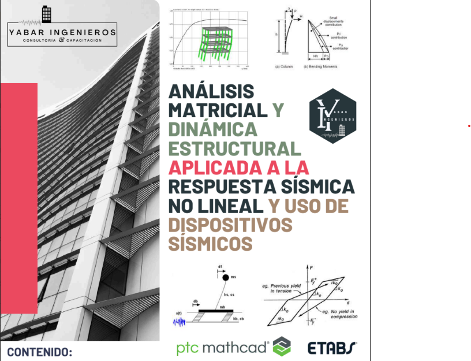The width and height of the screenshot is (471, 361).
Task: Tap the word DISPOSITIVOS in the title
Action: pyautogui.click(x=230, y=224)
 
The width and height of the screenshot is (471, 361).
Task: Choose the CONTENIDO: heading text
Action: pyautogui.click(x=39, y=351)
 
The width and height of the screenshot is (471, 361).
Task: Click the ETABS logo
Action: pyautogui.click(x=332, y=348)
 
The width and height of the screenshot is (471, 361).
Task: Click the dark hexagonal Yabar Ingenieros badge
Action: pyautogui.click(x=332, y=116)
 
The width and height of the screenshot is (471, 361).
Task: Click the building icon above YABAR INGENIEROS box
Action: pyautogui.click(x=47, y=14)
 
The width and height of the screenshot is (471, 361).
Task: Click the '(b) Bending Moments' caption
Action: pyautogui.click(x=320, y=66)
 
